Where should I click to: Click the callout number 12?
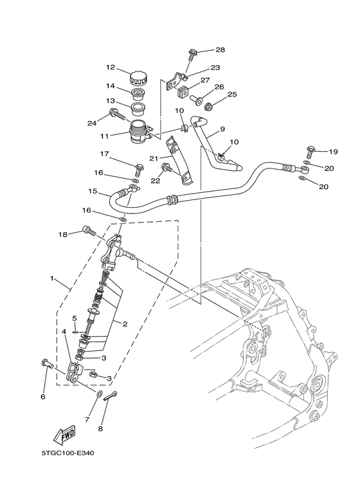coord(110,67)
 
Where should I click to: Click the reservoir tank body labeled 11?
coord(137,133)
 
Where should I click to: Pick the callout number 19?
coord(333,152)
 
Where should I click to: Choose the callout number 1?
coord(51,280)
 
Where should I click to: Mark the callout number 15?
coord(93,192)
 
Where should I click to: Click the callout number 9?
coord(222,129)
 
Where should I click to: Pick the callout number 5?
coord(75,318)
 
